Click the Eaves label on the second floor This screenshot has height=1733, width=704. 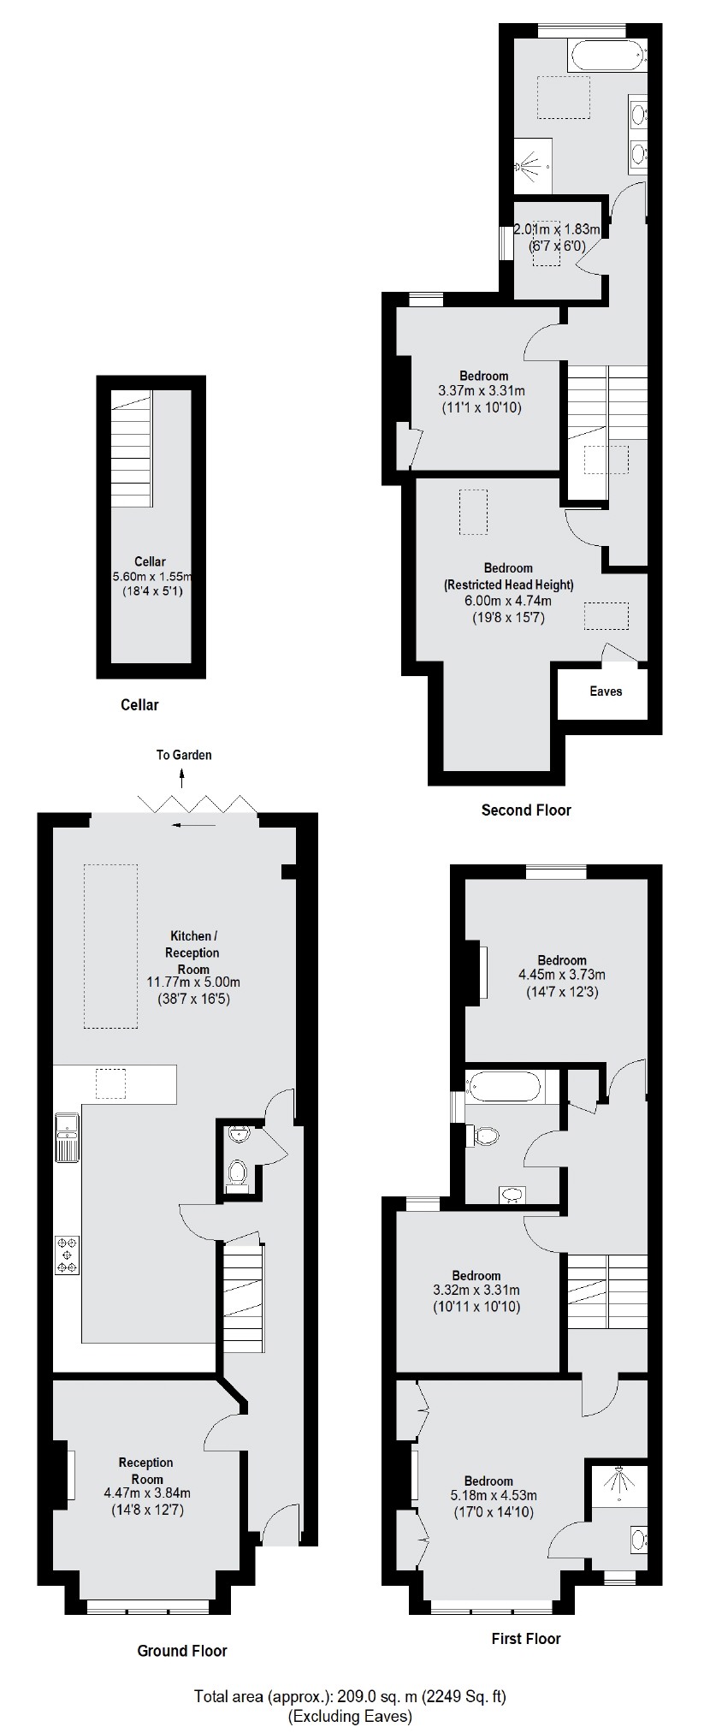(606, 691)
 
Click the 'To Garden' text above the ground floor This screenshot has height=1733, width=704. (183, 755)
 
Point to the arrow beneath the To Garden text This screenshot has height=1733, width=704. (181, 776)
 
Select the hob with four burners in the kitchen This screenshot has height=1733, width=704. (68, 1255)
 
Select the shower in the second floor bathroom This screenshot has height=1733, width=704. (529, 162)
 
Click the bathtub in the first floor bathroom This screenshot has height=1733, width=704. (504, 1086)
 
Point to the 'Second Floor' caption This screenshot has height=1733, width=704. (525, 810)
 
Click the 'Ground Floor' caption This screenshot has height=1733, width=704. (182, 1651)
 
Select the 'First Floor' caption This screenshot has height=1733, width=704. (525, 1639)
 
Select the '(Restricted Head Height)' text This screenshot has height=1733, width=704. (508, 585)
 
